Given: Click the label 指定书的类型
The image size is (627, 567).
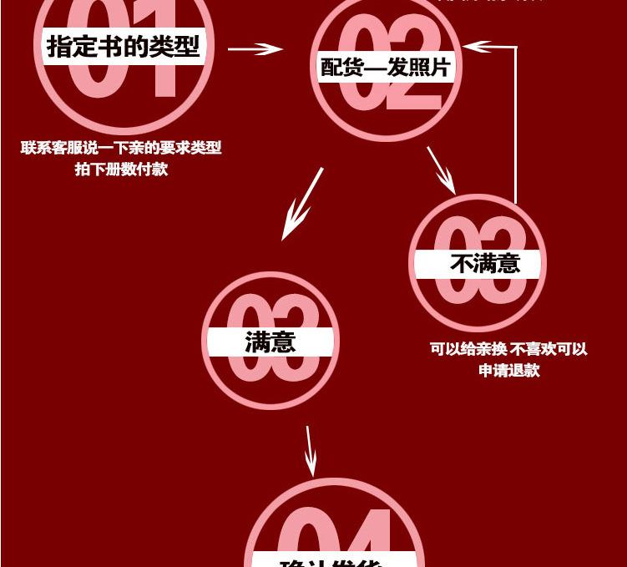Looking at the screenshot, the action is tap(124, 46).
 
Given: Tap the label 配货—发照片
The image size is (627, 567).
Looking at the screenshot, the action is tap(386, 67).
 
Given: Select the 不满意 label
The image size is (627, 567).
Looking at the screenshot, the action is tap(485, 264).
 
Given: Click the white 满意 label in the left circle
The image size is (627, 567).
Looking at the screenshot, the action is tap(271, 342).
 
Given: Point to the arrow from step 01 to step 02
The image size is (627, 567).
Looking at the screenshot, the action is tap(255, 49).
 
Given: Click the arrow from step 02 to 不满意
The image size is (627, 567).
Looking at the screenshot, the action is tap(441, 170).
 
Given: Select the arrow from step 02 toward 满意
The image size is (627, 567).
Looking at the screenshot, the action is tap(301, 204).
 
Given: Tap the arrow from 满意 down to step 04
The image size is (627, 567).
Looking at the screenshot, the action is tap(310, 451).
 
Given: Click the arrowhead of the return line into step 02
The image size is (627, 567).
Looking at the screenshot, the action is tap(471, 47).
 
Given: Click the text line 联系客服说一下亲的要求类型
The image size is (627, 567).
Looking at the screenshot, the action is tap(121, 148).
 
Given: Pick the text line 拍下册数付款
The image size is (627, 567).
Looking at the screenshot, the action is tap(121, 169).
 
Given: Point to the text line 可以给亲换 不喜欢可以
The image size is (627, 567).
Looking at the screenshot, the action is tap(508, 349).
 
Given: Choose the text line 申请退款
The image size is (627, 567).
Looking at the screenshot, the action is tap(509, 370).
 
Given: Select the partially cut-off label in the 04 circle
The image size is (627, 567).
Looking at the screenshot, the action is tap(333, 560).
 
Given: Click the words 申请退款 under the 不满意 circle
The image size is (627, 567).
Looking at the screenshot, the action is tap(509, 370).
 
